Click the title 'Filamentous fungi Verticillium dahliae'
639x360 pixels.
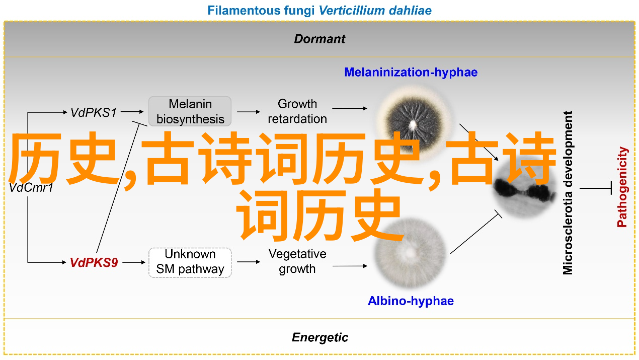pyautogui.click(x=319, y=11)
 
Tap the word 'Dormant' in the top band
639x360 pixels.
pyautogui.click(x=319, y=39)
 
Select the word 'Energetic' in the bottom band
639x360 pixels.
pyautogui.click(x=320, y=337)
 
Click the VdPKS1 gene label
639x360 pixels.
pyautogui.click(x=94, y=112)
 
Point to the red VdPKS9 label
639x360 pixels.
pyautogui.click(x=94, y=262)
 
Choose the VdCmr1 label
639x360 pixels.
pyautogui.click(x=31, y=188)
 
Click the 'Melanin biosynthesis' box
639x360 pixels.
pyautogui.click(x=190, y=111)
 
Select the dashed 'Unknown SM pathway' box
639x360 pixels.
pyautogui.click(x=190, y=262)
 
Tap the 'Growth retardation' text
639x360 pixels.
pyautogui.click(x=297, y=111)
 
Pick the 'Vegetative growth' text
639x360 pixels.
pyautogui.click(x=297, y=261)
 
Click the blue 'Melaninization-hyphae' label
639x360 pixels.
pyautogui.click(x=411, y=72)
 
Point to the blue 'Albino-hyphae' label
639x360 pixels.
pyautogui.click(x=411, y=301)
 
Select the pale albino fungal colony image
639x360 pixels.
pyautogui.click(x=410, y=253)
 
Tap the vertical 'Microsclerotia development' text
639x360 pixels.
pyautogui.click(x=568, y=193)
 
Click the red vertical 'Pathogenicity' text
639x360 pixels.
pyautogui.click(x=622, y=187)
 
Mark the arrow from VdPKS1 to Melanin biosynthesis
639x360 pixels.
pyautogui.click(x=132, y=112)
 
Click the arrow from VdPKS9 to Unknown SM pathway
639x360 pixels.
pyautogui.click(x=134, y=262)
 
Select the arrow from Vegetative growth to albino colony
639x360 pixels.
pyautogui.click(x=350, y=266)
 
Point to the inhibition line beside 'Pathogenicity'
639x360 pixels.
pyautogui.click(x=596, y=188)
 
